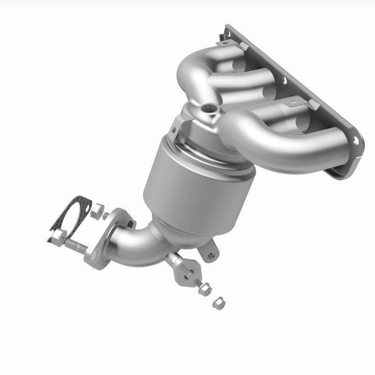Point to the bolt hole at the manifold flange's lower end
(x=355, y=139)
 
